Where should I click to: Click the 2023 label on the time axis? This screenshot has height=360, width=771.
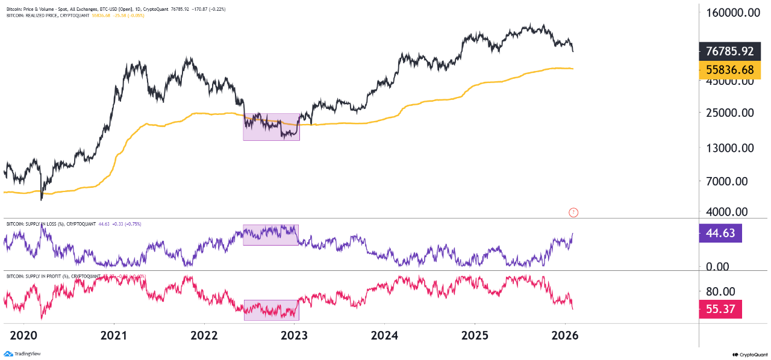tap(294, 335)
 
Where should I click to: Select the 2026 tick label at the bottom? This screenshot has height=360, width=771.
tap(565, 335)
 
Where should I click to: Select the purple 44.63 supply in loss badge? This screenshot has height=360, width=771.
tap(719, 233)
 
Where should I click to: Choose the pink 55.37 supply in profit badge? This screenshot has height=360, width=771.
tap(719, 310)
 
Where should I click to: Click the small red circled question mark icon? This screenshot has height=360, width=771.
tap(573, 212)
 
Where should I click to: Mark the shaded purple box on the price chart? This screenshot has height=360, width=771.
tap(271, 127)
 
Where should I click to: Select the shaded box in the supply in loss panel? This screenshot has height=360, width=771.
tap(270, 235)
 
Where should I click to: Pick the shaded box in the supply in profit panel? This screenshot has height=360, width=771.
tap(271, 309)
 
